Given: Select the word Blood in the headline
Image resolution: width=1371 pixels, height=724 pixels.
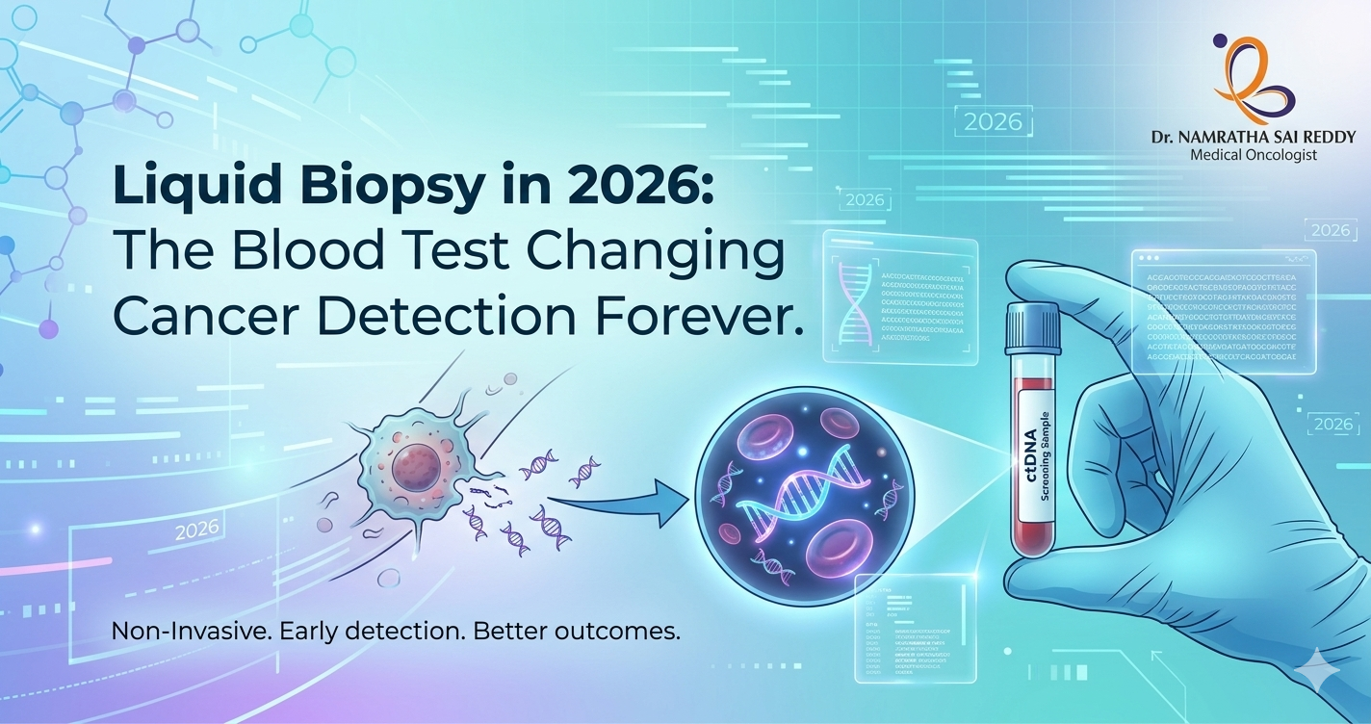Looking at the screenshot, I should coord(292,252).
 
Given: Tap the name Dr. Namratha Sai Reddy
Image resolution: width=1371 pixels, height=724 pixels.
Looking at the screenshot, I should coord(1253,137).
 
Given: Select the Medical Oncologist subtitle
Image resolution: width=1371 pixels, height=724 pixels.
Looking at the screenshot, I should coord(1253,155).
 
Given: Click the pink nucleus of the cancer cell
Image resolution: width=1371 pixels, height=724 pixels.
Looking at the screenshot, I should coord(415,469).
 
